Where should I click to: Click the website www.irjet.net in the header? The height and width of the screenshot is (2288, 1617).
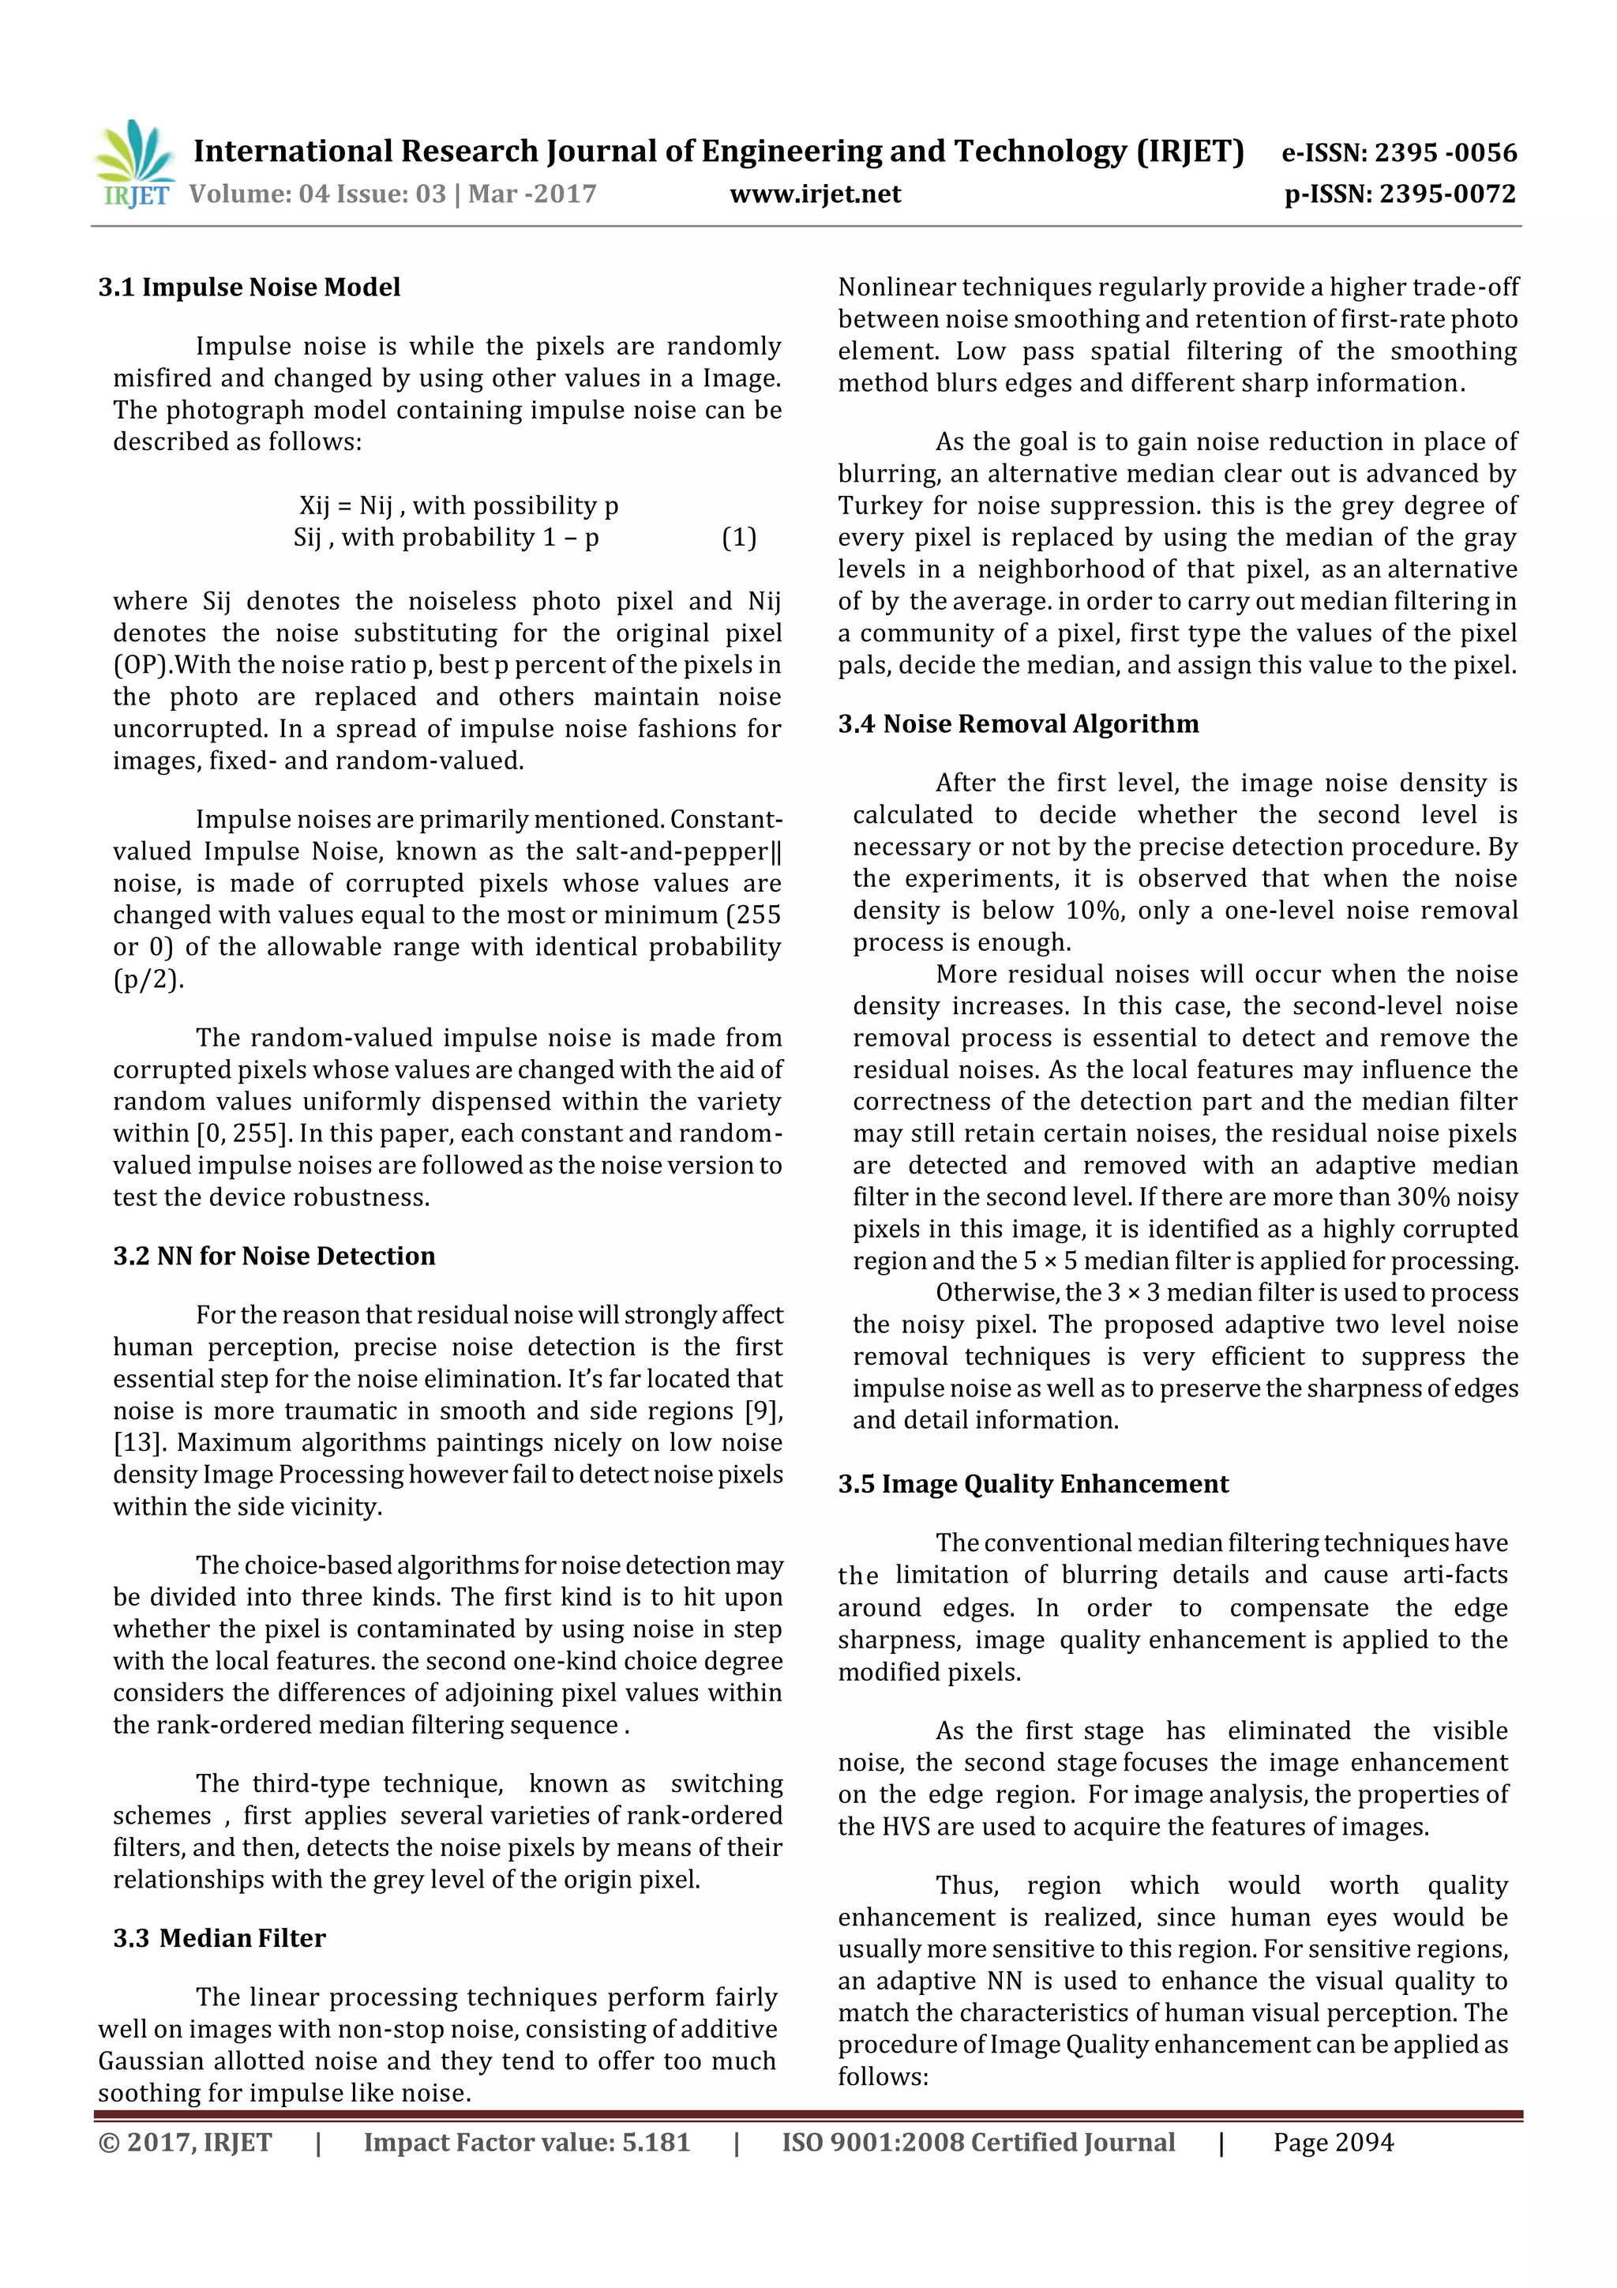click(x=815, y=194)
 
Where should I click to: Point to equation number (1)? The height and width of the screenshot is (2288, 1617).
click(x=738, y=538)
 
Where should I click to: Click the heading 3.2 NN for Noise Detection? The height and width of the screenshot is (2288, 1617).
click(x=274, y=1256)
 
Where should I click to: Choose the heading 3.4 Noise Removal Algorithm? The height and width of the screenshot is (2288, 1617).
click(x=1019, y=723)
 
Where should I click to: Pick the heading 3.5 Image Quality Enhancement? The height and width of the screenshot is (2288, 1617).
click(x=1034, y=1484)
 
